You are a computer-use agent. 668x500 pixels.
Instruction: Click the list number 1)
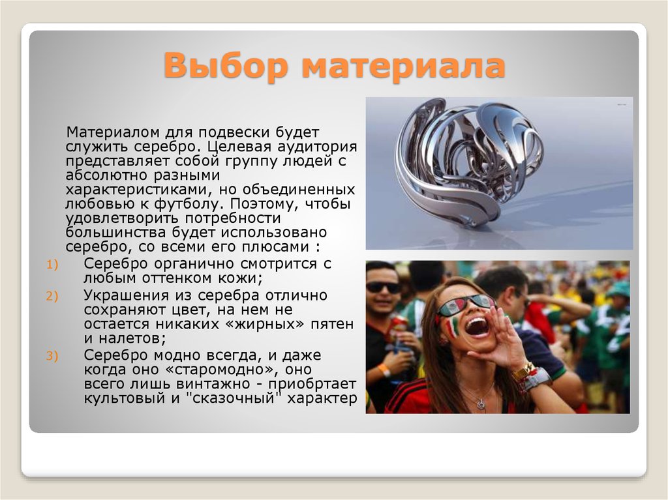(52, 264)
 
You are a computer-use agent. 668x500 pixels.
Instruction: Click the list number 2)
(52, 295)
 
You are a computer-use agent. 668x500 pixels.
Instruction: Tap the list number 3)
(52, 355)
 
